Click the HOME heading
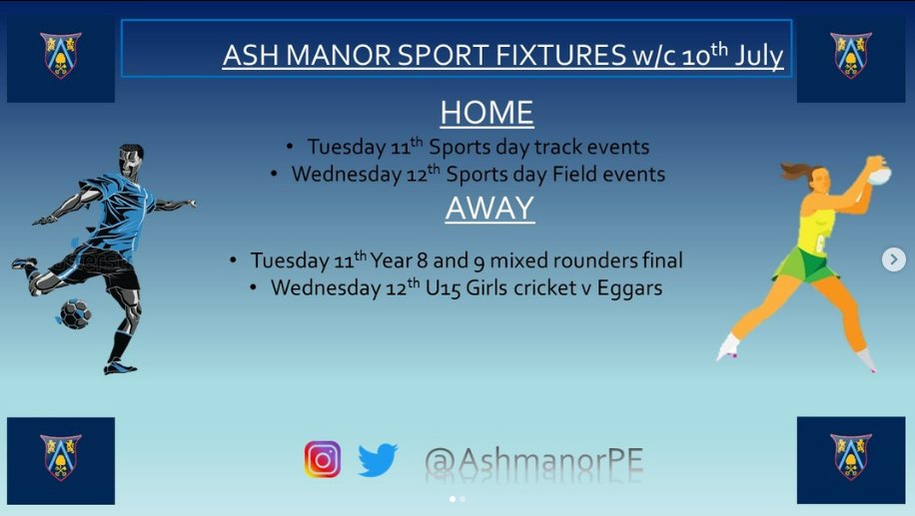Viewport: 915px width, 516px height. tap(486, 112)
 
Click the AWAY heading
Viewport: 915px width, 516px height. tap(489, 209)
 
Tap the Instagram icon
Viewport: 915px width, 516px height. tap(323, 459)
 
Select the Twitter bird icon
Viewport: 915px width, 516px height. tap(378, 460)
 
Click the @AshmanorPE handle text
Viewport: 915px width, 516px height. tap(533, 460)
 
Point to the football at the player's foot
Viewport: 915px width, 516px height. tap(75, 313)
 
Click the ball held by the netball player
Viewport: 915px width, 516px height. tap(879, 174)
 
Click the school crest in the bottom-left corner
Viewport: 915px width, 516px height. tap(61, 456)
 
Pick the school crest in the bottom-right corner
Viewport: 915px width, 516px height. tap(851, 456)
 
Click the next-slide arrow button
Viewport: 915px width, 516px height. tap(893, 259)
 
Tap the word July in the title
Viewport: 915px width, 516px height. tap(759, 56)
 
